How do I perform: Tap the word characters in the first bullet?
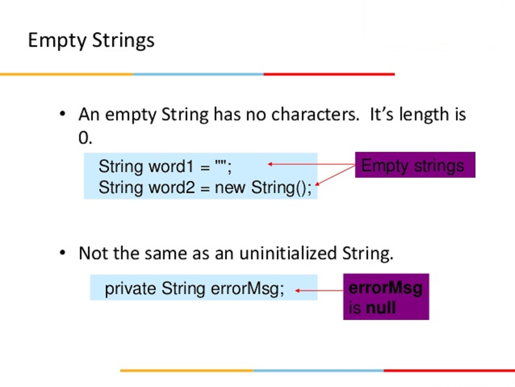pyautogui.click(x=315, y=115)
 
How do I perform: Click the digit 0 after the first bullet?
pyautogui.click(x=83, y=138)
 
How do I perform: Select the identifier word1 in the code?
pyautogui.click(x=171, y=166)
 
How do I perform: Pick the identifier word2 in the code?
pyautogui.click(x=172, y=187)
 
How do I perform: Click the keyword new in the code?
pyautogui.click(x=230, y=188)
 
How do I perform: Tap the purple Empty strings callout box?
pyautogui.click(x=415, y=165)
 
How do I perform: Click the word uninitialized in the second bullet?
pyautogui.click(x=288, y=253)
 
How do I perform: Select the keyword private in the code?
pyautogui.click(x=130, y=289)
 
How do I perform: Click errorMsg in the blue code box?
pyautogui.click(x=247, y=289)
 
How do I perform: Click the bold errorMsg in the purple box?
pyautogui.click(x=385, y=288)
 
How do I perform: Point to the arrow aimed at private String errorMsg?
pyautogui.click(x=319, y=291)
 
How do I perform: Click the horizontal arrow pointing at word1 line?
pyautogui.click(x=311, y=164)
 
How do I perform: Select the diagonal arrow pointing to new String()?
pyautogui.click(x=335, y=175)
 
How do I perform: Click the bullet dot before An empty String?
pyautogui.click(x=63, y=114)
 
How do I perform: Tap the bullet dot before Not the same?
pyautogui.click(x=63, y=253)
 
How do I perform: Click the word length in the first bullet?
pyautogui.click(x=424, y=115)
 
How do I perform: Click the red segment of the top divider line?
pyautogui.click(x=329, y=74)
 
